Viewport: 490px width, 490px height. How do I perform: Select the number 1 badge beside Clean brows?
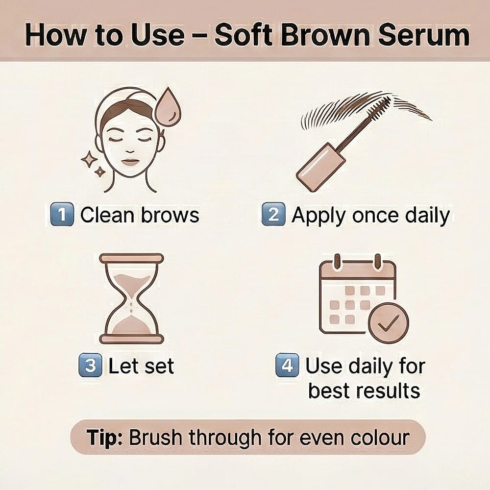[62, 216]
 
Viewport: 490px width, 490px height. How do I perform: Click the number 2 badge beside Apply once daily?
[273, 216]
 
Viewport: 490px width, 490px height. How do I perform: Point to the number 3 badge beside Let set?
[91, 366]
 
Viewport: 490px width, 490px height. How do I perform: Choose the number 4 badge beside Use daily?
[287, 366]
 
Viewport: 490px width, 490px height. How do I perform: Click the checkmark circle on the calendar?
[389, 322]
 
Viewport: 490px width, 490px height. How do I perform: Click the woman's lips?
[130, 162]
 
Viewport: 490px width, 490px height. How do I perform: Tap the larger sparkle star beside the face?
[89, 159]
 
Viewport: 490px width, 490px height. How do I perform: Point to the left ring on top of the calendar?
[337, 262]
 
